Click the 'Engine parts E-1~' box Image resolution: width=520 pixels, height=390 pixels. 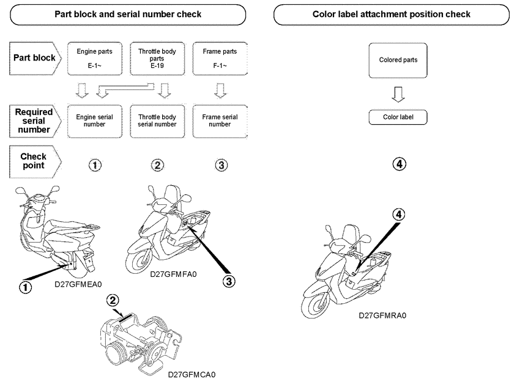(94, 58)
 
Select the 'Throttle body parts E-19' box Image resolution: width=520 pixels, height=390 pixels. (157, 58)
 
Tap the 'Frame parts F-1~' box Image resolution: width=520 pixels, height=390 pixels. (220, 58)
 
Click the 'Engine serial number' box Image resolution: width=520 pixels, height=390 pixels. (94, 120)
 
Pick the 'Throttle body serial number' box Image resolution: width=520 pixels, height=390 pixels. (157, 120)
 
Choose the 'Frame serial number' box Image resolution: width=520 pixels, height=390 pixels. (220, 120)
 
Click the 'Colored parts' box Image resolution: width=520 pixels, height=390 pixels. (398, 60)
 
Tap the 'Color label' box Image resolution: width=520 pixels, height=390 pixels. (398, 117)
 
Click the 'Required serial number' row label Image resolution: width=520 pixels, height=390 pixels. (34, 120)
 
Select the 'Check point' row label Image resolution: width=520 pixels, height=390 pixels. (34, 161)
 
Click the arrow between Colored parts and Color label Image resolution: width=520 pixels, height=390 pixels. (398, 94)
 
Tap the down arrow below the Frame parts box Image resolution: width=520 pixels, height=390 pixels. (220, 90)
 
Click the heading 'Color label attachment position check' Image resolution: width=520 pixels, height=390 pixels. (392, 14)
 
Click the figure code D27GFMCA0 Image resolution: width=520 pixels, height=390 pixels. (191, 374)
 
